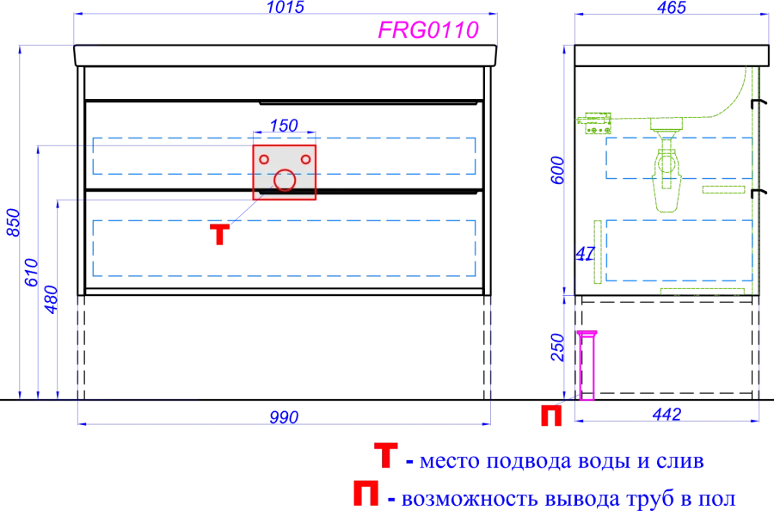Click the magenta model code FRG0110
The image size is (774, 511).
[428, 31]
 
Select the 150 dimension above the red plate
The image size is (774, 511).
[284, 126]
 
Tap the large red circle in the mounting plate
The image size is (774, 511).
[284, 181]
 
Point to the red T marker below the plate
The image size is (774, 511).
[220, 234]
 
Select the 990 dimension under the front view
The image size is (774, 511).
[284, 417]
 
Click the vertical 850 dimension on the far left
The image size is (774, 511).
[12, 224]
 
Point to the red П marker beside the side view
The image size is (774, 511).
[550, 416]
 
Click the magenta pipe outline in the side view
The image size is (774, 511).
[587, 366]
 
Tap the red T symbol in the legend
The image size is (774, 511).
[385, 456]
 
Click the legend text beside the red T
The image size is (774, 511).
[556, 463]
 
